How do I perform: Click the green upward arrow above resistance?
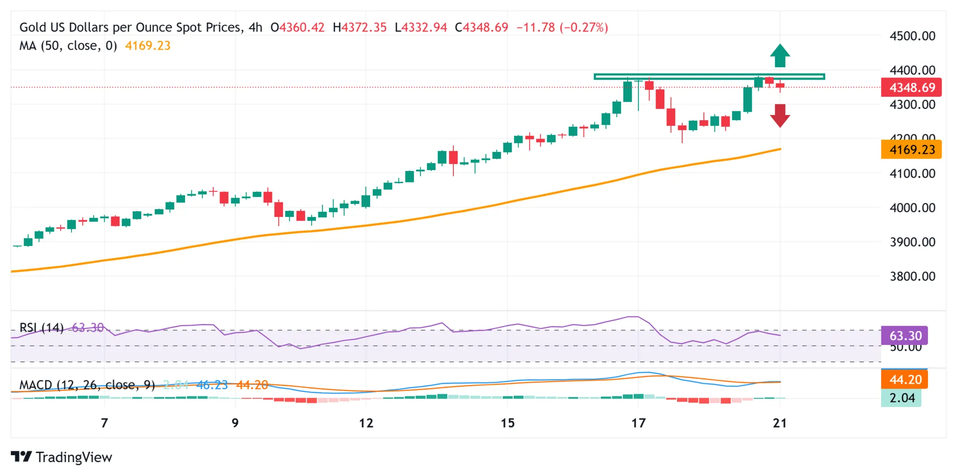(x=780, y=56)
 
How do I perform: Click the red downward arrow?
(x=780, y=115)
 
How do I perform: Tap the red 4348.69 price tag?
(x=911, y=87)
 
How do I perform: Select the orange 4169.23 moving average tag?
(x=911, y=150)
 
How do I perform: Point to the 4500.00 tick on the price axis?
(x=912, y=36)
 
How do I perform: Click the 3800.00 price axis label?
(x=912, y=276)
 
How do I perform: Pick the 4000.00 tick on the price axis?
(x=912, y=208)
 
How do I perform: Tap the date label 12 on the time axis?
(x=366, y=423)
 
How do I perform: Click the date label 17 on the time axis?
(x=638, y=423)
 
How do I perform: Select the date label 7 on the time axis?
(x=105, y=423)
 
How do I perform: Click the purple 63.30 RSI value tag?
(x=905, y=336)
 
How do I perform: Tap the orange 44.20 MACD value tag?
(x=905, y=379)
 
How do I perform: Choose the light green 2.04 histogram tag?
(x=901, y=398)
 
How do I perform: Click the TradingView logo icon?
(x=21, y=456)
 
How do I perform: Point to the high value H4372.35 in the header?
(x=359, y=28)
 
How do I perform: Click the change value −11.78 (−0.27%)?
(x=562, y=28)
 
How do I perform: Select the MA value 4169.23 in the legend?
(x=148, y=46)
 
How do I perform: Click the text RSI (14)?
(x=41, y=328)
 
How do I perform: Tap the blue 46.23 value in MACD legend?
(x=212, y=385)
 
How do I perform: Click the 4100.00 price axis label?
(x=912, y=173)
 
